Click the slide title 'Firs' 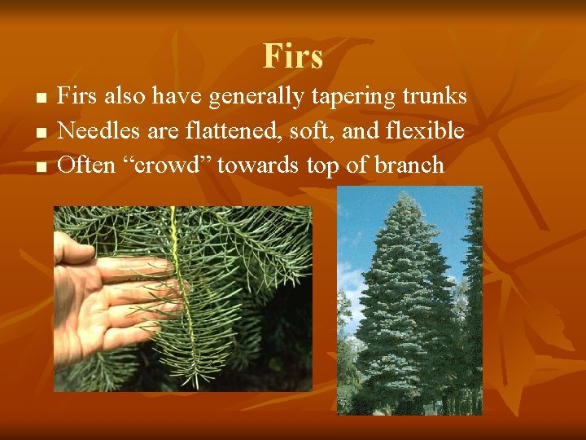pyautogui.click(x=293, y=56)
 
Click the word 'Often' pyautogui.click(x=85, y=165)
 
